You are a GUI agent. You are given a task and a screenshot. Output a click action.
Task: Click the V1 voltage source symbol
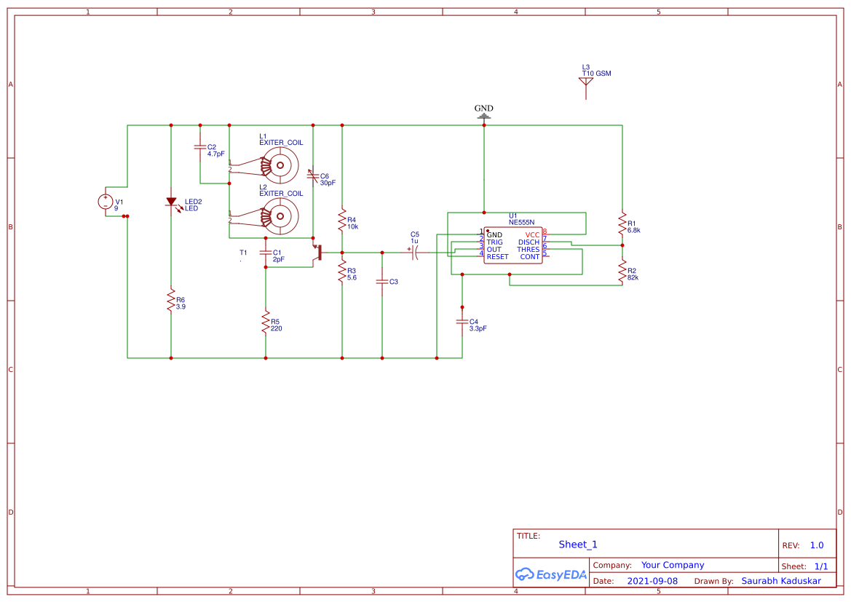pos(106,202)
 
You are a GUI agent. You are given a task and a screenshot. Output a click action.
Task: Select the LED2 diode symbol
pos(171,202)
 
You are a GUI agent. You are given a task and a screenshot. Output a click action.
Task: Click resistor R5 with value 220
pos(266,322)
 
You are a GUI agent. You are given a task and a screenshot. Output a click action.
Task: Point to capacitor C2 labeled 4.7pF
pos(200,148)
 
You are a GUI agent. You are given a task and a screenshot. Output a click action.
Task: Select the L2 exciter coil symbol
pos(279,216)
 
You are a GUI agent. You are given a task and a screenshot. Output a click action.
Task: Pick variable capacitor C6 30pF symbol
pos(313,176)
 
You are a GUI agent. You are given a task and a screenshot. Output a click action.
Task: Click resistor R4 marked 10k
pos(342,220)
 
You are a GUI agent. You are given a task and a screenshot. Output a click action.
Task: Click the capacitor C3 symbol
pos(382,281)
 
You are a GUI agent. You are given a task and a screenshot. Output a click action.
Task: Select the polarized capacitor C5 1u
pos(415,253)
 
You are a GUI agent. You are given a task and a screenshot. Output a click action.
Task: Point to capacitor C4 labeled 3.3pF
pos(462,322)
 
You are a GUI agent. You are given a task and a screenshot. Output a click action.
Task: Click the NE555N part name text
pos(521,222)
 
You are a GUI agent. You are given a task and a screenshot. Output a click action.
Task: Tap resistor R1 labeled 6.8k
pos(622,223)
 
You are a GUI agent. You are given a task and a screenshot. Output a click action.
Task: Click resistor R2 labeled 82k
pos(622,272)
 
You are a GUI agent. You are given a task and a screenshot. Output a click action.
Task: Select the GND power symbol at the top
pos(484,113)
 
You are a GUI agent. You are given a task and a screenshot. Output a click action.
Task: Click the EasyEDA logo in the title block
pos(551,574)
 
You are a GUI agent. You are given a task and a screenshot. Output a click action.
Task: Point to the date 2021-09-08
pos(652,581)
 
